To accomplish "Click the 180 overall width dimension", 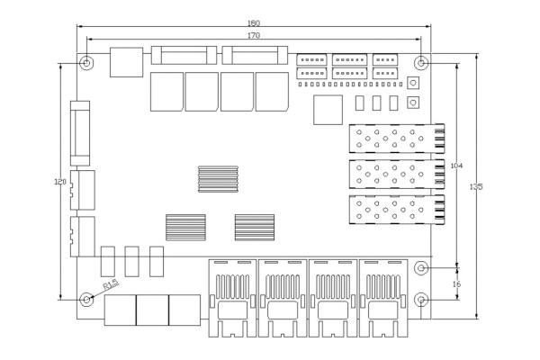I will point(254,23).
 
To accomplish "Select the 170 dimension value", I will point(254,35).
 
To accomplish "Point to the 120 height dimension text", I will point(61,182).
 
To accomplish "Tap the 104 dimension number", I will point(456,166).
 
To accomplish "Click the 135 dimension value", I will point(476,187).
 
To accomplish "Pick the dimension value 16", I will point(456,283).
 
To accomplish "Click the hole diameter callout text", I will point(112,285).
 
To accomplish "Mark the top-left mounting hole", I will point(85,63).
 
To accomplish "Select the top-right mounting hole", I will point(423,63).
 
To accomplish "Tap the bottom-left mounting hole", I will point(86,299).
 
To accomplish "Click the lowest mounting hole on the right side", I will point(423,299).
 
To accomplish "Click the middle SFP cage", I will point(397,174).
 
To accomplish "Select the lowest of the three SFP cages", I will point(397,210).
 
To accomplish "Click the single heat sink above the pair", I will point(219,178).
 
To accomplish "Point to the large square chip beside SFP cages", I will point(328,109).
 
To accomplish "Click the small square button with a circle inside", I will point(414,84).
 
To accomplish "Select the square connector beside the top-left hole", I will point(125,62).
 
